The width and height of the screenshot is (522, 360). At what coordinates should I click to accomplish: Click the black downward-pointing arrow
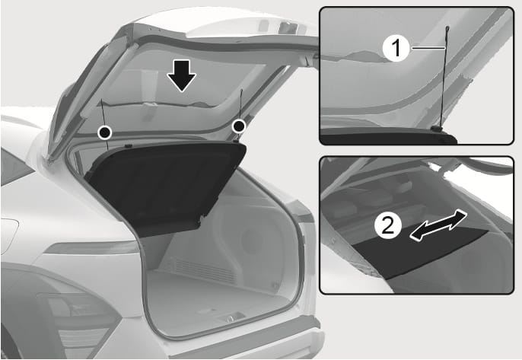[181, 75]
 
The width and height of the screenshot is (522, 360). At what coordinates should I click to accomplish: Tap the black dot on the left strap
[105, 133]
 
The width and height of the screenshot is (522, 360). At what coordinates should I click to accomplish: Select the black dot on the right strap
[239, 126]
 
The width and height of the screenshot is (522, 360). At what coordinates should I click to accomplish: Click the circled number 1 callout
[396, 48]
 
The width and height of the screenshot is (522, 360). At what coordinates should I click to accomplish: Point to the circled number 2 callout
[388, 226]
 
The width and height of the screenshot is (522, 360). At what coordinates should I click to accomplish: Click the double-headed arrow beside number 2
[438, 225]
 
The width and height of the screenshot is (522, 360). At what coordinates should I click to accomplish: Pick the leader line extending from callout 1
[428, 48]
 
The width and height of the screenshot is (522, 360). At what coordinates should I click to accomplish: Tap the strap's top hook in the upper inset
[447, 30]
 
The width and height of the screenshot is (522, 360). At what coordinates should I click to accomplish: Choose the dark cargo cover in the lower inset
[419, 253]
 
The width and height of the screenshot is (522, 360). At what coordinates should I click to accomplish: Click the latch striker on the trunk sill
[231, 318]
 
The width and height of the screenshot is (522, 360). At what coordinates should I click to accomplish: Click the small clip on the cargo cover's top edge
[128, 145]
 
